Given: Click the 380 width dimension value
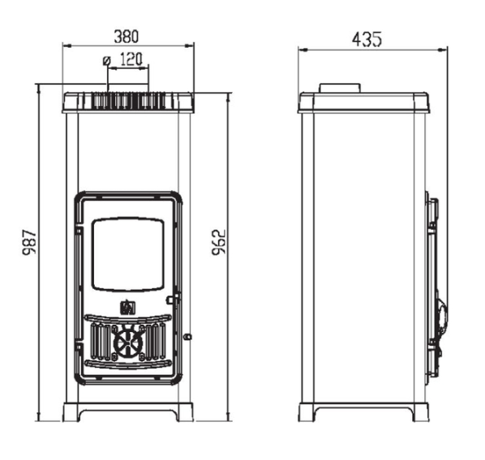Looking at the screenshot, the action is (127, 36).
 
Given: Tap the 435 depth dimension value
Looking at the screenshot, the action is (367, 39).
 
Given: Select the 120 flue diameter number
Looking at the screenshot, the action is (131, 59).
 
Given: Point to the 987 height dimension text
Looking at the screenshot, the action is (29, 242).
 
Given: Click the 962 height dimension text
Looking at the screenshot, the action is (219, 242).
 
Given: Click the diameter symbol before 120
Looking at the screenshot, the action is (107, 61).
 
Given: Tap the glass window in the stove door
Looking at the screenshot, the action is (128, 254).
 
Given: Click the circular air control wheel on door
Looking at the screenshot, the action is (128, 343).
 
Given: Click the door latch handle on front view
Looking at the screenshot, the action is (173, 300).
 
